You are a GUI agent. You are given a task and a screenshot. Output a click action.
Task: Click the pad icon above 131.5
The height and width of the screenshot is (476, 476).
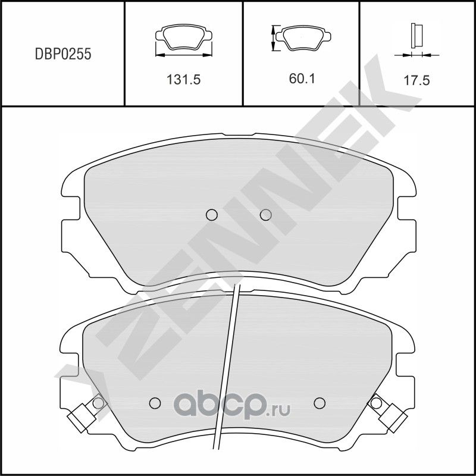click(x=183, y=38)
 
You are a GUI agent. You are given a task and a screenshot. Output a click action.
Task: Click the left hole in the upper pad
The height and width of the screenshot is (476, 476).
click(x=211, y=215)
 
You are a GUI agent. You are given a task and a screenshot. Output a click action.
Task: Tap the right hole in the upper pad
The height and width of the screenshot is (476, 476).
click(x=266, y=215)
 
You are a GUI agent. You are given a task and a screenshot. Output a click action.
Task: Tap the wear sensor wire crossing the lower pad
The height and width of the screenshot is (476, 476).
click(x=230, y=357)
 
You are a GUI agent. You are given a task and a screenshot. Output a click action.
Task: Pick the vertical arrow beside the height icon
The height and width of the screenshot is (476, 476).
click(x=273, y=38)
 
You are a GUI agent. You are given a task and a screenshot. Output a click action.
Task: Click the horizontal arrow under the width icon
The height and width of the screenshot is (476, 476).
click(x=183, y=55)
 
